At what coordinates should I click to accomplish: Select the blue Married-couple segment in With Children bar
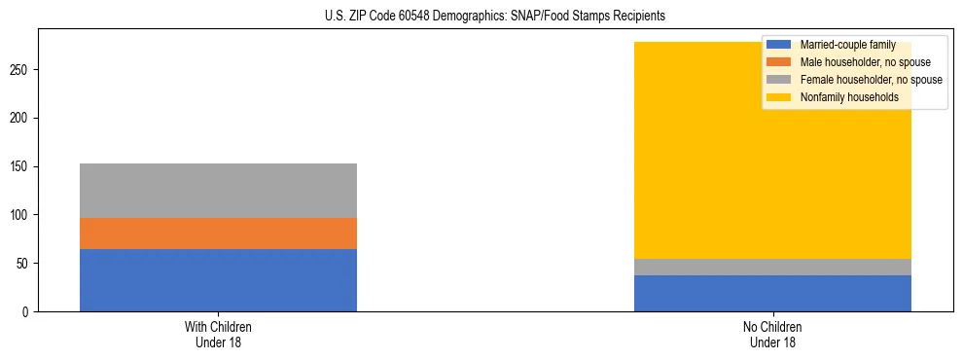tap(218, 280)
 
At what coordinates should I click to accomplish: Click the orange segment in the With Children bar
tap(218, 234)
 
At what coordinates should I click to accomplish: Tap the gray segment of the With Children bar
tap(218, 191)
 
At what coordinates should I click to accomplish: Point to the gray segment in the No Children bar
tap(772, 267)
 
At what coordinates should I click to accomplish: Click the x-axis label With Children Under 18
tap(218, 335)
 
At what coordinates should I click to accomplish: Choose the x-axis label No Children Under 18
tap(772, 335)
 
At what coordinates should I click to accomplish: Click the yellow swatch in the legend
tap(779, 97)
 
